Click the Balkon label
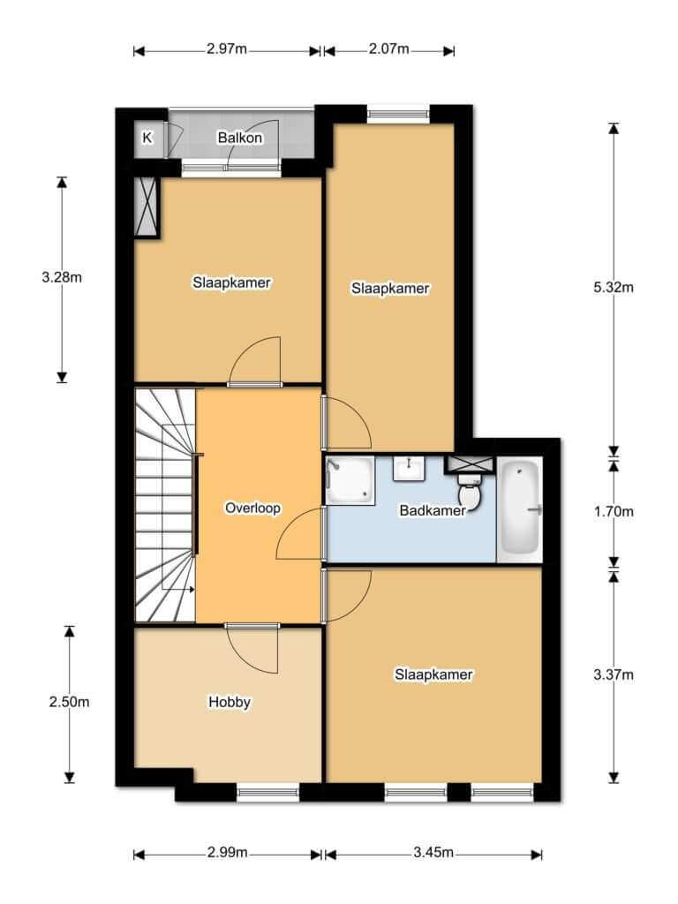(240, 138)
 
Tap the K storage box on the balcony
(148, 138)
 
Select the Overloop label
(252, 508)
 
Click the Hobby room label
(230, 702)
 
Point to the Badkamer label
(433, 510)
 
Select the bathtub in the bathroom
(521, 509)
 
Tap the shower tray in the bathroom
(350, 479)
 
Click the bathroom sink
(409, 468)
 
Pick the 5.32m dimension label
(614, 287)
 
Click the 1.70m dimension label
(614, 511)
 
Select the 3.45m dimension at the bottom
(433, 852)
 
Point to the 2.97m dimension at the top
(227, 49)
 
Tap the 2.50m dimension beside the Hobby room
(69, 702)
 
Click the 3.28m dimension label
(62, 277)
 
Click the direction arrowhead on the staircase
(192, 589)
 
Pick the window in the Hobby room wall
(268, 793)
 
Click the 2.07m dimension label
(388, 49)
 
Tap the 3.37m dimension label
(614, 674)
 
